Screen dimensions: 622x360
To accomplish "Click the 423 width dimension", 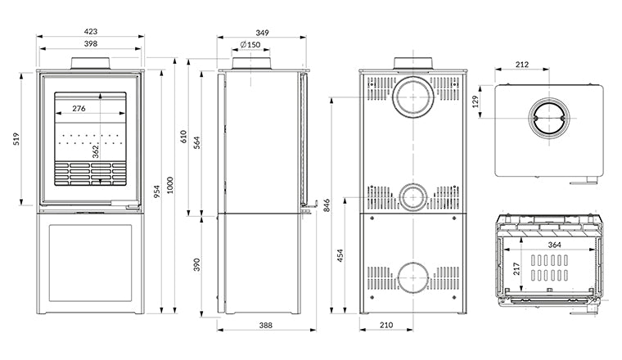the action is click(x=91, y=31).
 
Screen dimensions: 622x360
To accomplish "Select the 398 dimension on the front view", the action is click(x=91, y=43).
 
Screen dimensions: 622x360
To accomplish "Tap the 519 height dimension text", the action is click(x=16, y=139).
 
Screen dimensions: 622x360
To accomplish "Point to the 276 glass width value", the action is click(x=79, y=108).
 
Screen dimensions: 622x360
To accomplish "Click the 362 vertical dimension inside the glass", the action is click(x=96, y=152).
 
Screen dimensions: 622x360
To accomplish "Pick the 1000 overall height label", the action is click(x=170, y=185).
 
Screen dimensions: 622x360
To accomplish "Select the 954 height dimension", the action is click(x=157, y=191).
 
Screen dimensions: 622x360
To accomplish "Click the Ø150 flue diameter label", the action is click(x=250, y=44).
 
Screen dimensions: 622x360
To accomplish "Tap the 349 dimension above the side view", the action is click(x=262, y=33).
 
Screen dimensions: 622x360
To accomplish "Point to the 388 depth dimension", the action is click(x=266, y=325).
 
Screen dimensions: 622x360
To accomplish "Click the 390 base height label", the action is click(x=197, y=265).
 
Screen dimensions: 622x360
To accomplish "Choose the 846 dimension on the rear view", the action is click(x=327, y=205).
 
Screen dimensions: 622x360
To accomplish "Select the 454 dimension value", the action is click(x=340, y=256).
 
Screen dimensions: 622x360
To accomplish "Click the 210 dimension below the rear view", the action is click(x=386, y=325).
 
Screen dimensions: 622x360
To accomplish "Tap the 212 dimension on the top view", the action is click(x=522, y=65).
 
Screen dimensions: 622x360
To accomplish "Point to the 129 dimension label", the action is click(x=476, y=101).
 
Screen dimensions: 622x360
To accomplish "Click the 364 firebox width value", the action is click(x=555, y=245).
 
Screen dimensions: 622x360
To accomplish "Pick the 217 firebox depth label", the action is click(x=516, y=269).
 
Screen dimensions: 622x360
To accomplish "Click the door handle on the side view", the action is click(x=310, y=205).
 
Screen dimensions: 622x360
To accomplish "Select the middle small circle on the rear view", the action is click(x=413, y=197).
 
